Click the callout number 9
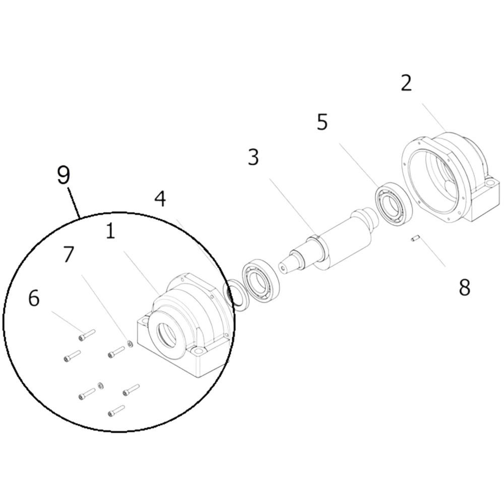[x=64, y=175]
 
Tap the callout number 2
[x=406, y=83]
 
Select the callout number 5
[x=322, y=122]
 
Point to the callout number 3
[x=254, y=157]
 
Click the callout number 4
[x=160, y=199]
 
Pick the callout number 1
[x=110, y=231]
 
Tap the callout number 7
[x=69, y=255]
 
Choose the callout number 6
[x=34, y=298]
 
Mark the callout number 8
[x=465, y=287]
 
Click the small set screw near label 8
[x=415, y=238]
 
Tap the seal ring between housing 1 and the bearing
[x=237, y=295]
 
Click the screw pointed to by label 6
[x=87, y=335]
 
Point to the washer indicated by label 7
[x=130, y=344]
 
